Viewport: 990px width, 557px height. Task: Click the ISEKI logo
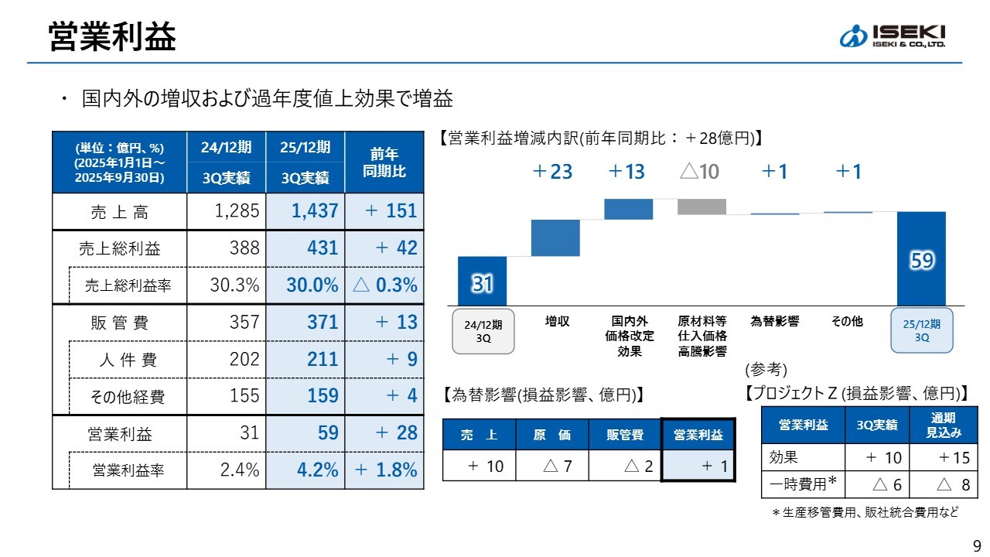point(892,36)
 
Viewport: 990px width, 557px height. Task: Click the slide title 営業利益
point(112,36)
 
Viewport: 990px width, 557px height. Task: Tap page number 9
point(976,544)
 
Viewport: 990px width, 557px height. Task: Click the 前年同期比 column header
point(384,162)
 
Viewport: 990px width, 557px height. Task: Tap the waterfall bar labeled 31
point(482,282)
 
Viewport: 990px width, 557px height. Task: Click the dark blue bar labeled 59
point(920,258)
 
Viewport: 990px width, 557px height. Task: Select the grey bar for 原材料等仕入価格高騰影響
point(702,207)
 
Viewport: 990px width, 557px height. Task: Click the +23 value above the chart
point(552,172)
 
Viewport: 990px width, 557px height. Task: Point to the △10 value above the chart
point(699,172)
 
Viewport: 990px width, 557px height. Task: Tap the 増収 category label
point(557,321)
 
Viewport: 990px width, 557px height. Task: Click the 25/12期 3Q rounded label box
point(921,331)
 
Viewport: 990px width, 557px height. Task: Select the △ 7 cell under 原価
point(551,466)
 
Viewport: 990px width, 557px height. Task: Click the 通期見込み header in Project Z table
point(940,425)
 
